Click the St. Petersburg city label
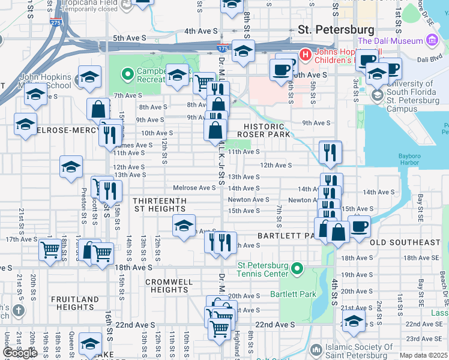[336, 29]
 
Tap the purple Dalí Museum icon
[431, 41]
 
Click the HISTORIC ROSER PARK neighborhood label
[268, 130]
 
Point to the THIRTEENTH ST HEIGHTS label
[159, 205]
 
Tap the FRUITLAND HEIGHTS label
[75, 303]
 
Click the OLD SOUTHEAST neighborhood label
[405, 242]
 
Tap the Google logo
[20, 353]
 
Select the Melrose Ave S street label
[194, 188]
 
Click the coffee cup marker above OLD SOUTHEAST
[359, 227]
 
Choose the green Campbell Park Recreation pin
[127, 74]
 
